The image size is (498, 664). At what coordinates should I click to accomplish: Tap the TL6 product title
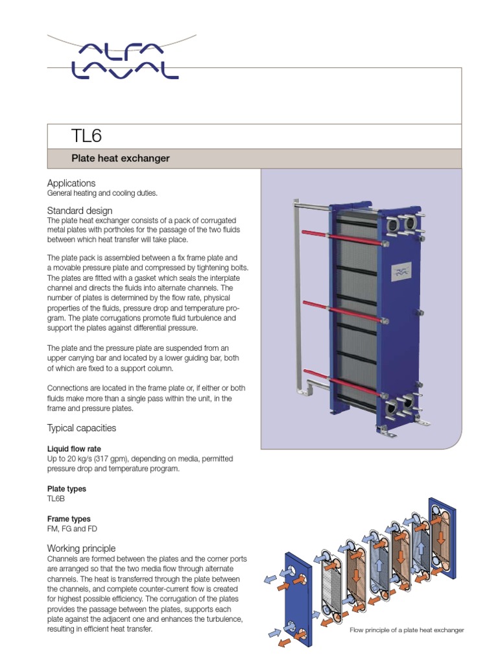86,136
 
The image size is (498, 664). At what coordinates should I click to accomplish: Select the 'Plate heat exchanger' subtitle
120,158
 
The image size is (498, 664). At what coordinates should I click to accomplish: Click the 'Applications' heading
71,184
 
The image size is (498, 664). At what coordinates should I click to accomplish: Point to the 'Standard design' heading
80,211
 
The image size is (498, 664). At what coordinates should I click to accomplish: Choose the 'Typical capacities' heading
82,428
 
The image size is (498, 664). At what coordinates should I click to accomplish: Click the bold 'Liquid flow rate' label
74,449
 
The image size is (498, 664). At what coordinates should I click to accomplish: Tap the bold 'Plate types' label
67,489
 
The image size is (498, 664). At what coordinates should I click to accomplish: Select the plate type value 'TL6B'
56,499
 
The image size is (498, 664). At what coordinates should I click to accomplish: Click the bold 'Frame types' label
69,519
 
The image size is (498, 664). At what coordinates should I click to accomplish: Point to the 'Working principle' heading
82,549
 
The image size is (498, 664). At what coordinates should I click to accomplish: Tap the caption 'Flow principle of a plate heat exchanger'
407,630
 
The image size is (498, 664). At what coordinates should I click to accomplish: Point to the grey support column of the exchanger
299,298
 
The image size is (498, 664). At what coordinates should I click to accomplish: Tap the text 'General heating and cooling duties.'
102,193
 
